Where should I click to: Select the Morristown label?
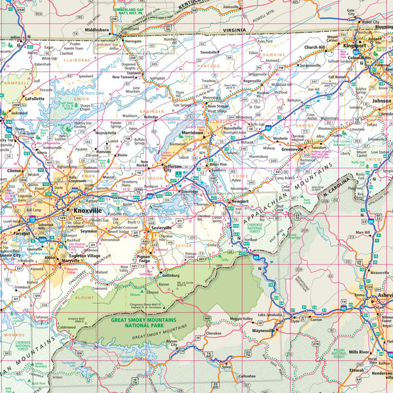(x=193, y=132)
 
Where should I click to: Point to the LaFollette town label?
(x=34, y=98)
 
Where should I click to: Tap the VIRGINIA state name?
(x=234, y=30)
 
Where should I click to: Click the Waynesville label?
(x=263, y=331)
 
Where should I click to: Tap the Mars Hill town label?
(x=363, y=232)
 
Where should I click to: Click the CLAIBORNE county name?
(x=77, y=58)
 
